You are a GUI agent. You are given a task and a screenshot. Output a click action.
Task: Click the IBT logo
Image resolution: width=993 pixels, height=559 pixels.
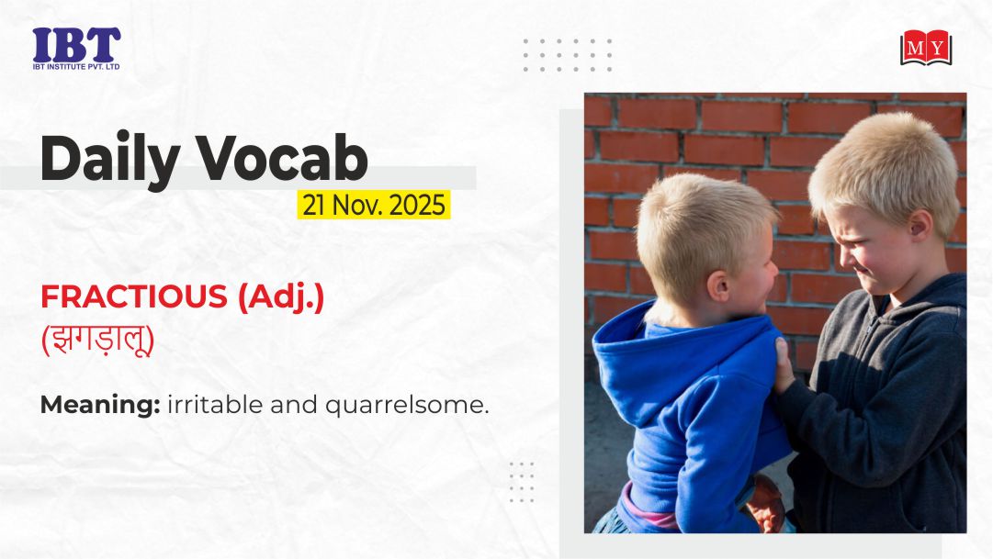click(x=76, y=48)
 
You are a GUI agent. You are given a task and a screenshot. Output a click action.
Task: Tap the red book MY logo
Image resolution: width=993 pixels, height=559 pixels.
click(x=926, y=48)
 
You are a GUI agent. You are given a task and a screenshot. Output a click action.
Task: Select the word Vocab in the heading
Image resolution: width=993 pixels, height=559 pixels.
click(x=282, y=157)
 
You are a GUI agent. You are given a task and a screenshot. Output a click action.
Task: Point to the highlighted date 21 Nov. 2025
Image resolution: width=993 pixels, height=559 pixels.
click(x=374, y=205)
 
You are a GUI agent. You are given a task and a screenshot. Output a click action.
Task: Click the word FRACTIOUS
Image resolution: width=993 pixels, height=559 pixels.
click(x=133, y=296)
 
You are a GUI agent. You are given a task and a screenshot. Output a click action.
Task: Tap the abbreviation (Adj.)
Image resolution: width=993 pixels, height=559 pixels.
click(x=281, y=297)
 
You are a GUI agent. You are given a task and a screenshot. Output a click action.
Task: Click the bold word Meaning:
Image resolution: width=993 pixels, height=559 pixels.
click(x=100, y=405)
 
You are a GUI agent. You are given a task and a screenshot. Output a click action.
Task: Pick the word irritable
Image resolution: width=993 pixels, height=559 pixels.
click(x=215, y=405)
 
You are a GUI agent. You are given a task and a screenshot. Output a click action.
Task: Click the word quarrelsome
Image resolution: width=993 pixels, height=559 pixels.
click(x=407, y=405)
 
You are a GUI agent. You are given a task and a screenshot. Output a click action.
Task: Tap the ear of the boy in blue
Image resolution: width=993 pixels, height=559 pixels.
click(x=718, y=285)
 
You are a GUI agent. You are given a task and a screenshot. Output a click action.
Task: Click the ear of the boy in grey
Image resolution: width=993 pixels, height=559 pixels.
click(x=919, y=226)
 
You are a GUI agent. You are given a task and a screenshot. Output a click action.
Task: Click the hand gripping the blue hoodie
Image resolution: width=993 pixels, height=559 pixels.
click(x=784, y=365)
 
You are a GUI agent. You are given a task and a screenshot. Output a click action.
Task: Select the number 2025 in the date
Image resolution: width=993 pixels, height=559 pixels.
click(x=417, y=205)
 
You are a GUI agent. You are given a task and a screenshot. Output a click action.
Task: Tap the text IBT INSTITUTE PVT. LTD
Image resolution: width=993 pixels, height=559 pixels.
click(x=76, y=66)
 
